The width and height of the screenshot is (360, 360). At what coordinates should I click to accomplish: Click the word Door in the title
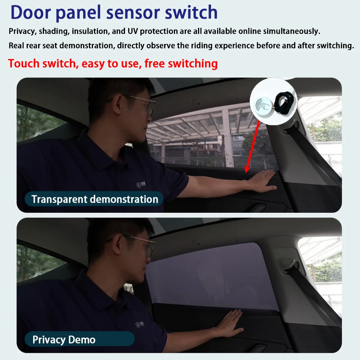[31, 12]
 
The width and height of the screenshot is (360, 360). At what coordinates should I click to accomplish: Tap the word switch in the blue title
[191, 12]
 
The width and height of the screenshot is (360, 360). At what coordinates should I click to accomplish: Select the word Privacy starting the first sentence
[22, 31]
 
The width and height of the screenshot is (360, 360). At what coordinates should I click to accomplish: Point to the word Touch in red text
[24, 63]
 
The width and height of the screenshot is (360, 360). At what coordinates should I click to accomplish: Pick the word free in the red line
[154, 63]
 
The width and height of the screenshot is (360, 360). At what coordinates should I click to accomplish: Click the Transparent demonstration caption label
[94, 199]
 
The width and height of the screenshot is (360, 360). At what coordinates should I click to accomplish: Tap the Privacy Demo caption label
[80, 339]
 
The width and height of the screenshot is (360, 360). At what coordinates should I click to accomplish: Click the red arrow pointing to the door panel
[253, 147]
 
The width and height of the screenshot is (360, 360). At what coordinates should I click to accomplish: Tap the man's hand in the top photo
[262, 181]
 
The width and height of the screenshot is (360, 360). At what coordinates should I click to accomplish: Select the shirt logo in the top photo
[141, 184]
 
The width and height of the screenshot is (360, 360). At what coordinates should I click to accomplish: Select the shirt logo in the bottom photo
[140, 324]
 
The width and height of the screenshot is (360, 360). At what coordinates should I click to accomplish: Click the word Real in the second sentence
[16, 45]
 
